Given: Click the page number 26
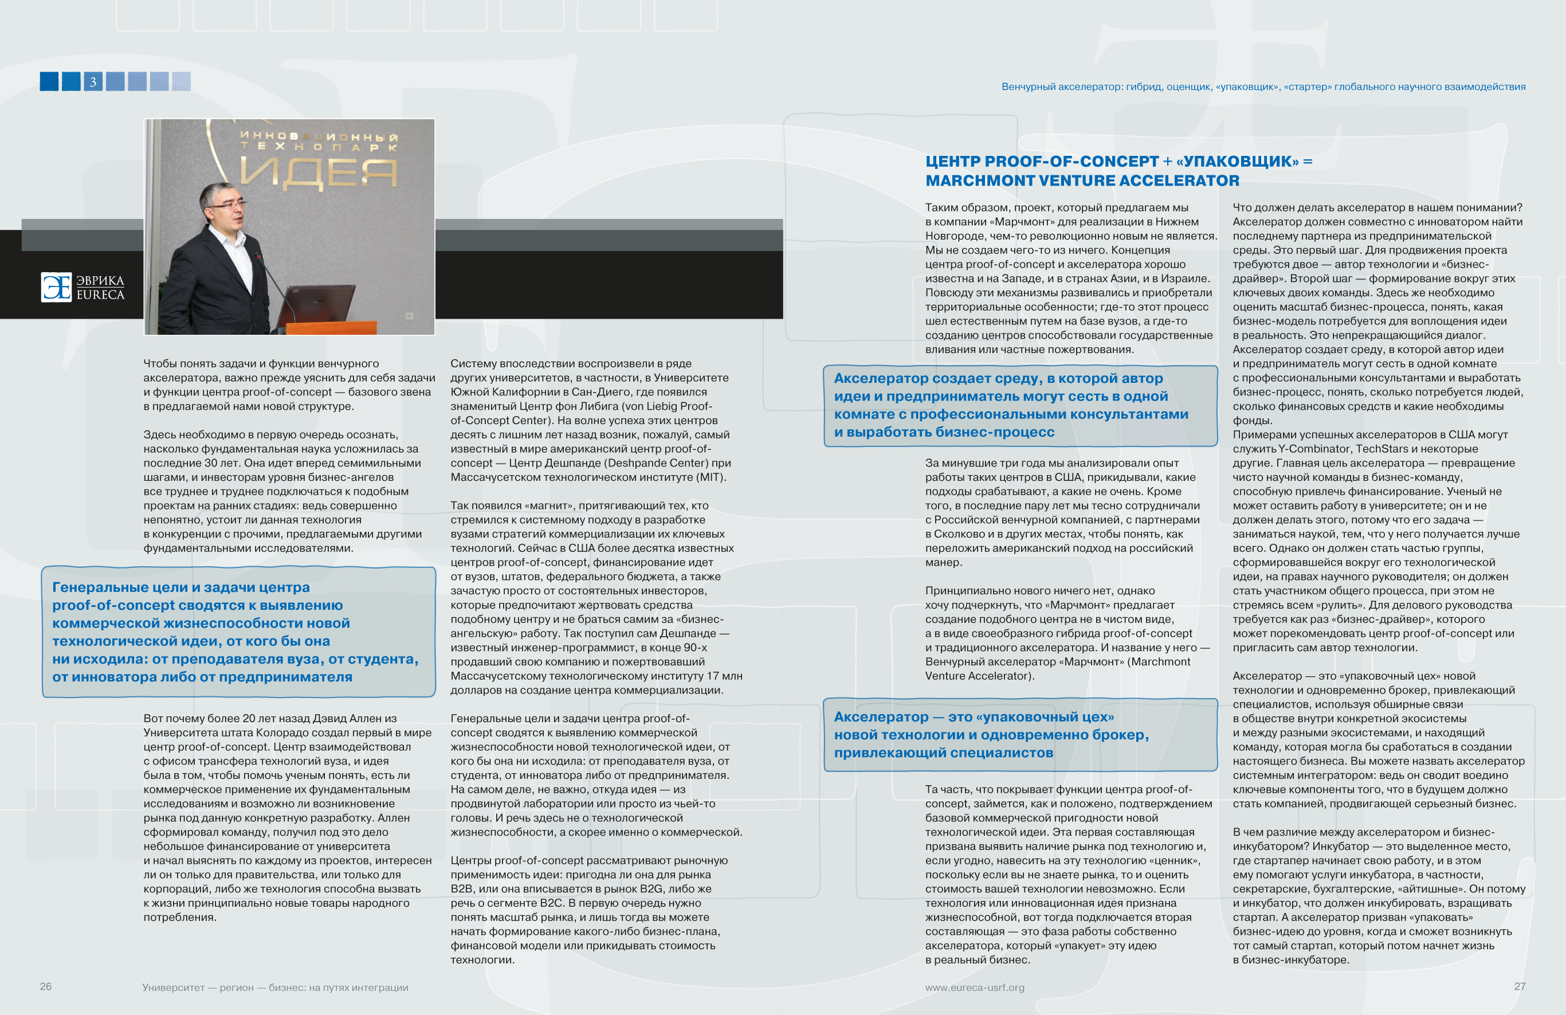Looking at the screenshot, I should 45,986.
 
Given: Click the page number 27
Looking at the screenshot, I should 1519,986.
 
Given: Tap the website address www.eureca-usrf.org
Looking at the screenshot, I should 975,987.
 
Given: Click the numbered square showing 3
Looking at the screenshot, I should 93,81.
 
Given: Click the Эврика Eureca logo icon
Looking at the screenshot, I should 57,288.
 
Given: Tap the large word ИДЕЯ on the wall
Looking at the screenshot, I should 319,173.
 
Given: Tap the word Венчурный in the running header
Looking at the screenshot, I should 1028,87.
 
